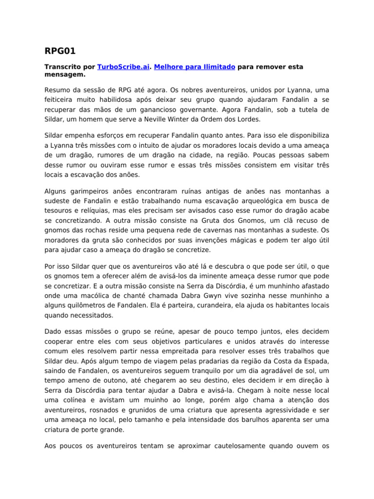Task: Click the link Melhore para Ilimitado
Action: [195, 66]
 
